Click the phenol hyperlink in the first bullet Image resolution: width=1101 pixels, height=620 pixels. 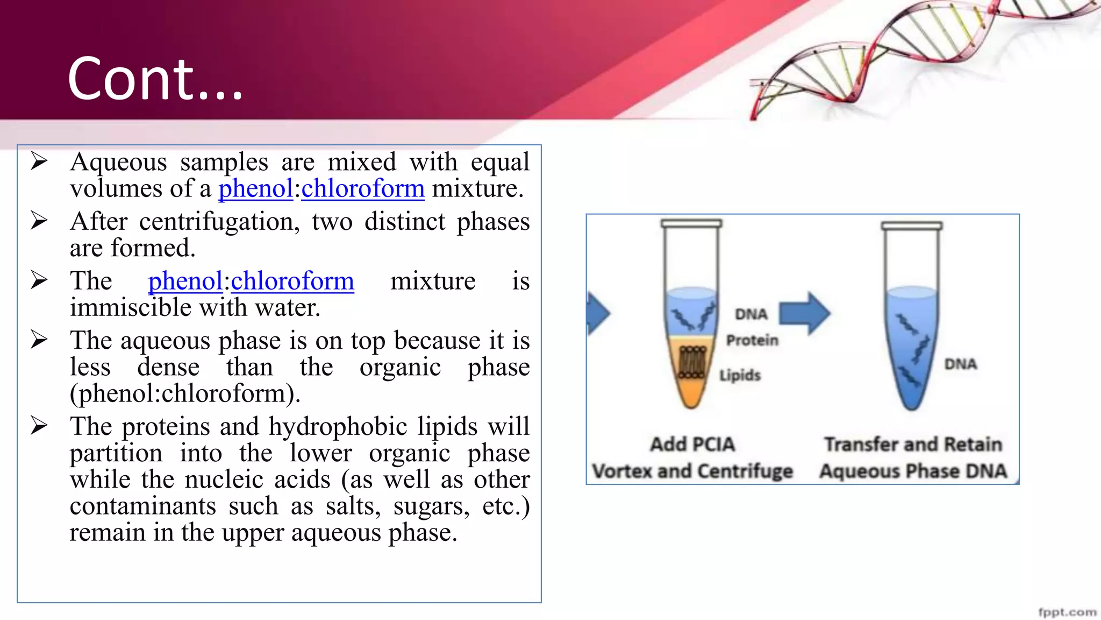point(255,189)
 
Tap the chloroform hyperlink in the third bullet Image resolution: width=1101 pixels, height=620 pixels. point(292,281)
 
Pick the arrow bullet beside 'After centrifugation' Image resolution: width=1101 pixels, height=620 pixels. point(39,220)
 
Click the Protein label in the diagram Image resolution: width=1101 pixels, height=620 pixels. point(752,340)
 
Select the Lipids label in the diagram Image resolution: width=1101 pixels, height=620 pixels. point(740,375)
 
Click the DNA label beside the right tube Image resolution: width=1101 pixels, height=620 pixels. point(960,364)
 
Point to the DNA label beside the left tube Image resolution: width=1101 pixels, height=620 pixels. point(751,314)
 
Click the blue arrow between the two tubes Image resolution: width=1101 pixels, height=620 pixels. point(804,313)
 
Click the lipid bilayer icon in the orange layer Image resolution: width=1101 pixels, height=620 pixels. point(692,362)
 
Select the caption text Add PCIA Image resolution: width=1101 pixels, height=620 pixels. point(692,445)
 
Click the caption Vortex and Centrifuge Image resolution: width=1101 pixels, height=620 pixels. point(692,471)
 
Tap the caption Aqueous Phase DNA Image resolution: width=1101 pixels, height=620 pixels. point(913,471)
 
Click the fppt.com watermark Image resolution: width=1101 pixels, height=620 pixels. point(1067,612)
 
